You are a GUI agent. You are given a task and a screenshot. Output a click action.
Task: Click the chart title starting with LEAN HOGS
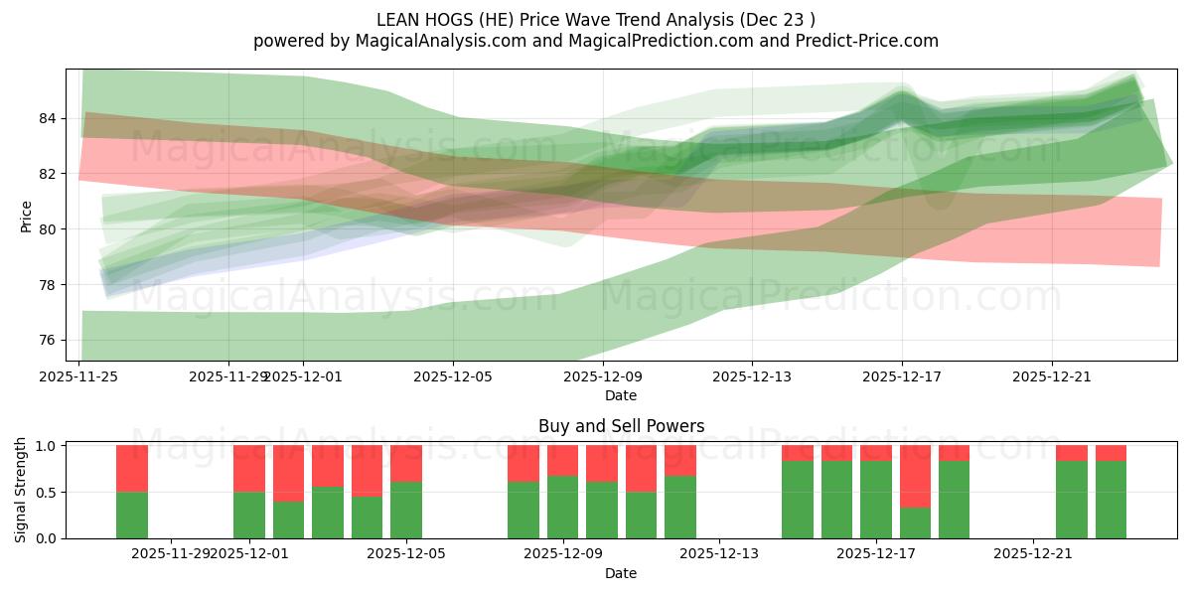point(596,19)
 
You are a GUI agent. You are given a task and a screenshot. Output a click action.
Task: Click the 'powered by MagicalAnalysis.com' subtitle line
point(596,41)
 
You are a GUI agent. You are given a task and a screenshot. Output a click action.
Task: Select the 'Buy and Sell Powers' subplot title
point(621,426)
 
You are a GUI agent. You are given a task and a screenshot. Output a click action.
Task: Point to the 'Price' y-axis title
point(27,216)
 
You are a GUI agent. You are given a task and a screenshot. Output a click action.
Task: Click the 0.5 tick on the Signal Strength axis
point(45,493)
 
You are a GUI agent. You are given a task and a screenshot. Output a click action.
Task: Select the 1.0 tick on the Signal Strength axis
point(45,446)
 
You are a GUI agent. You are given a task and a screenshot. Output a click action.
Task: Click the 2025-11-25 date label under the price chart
point(80,377)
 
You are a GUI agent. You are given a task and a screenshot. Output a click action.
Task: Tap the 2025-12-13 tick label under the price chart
point(752,377)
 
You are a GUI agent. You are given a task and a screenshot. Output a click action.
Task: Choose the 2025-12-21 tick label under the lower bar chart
point(1034,554)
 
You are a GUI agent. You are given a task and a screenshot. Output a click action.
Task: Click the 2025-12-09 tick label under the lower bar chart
point(563,554)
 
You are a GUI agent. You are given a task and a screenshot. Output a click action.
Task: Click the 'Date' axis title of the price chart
point(621,395)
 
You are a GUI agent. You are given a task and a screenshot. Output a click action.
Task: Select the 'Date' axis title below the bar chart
point(621,573)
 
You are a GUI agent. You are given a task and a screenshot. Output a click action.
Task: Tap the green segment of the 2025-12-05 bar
point(406,511)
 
